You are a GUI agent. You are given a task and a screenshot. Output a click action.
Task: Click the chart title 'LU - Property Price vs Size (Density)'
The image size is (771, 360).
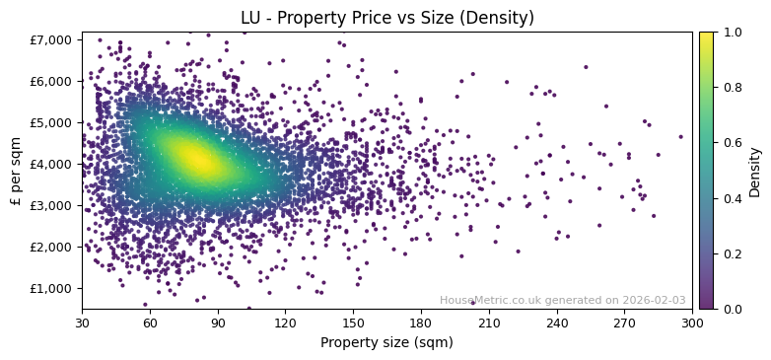(386, 18)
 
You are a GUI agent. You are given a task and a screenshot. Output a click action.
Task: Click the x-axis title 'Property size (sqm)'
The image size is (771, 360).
(386, 343)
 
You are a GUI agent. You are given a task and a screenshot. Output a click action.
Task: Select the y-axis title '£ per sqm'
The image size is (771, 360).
(16, 171)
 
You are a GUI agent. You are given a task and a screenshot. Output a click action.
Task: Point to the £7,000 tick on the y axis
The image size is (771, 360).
(55, 39)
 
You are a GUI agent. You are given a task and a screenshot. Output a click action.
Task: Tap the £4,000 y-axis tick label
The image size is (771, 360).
(55, 164)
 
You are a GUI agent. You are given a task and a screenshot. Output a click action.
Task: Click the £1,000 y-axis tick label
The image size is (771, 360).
(55, 288)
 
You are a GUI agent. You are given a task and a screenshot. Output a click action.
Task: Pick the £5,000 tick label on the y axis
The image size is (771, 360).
(55, 122)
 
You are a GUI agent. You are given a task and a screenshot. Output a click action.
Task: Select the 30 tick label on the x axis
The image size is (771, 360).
(82, 323)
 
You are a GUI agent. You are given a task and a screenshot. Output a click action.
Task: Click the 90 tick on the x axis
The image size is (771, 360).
(218, 323)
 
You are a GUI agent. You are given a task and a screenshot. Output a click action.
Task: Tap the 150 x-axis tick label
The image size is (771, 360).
(353, 323)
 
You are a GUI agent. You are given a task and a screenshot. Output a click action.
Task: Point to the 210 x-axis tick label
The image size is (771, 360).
(489, 323)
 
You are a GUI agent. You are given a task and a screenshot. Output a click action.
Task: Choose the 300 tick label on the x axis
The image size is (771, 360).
(692, 323)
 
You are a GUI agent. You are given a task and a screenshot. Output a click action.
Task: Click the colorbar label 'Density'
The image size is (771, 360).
(755, 171)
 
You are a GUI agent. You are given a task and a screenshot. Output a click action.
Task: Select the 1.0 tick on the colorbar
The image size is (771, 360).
(730, 33)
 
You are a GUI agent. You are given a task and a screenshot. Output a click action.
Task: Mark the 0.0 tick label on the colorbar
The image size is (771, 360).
(730, 309)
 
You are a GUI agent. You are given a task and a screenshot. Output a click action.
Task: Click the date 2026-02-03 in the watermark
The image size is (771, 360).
(654, 301)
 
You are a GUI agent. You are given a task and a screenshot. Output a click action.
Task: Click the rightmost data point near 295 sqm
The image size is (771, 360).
(680, 137)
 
